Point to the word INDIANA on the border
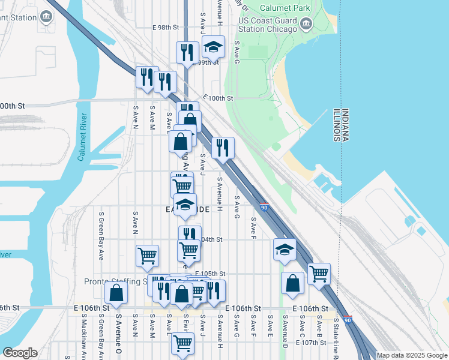click(346, 125)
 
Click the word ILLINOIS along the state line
click(337, 125)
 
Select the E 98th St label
click(166, 28)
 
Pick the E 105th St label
click(209, 273)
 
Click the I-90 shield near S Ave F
click(264, 208)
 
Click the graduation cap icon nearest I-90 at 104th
click(284, 248)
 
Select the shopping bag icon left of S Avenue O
click(116, 293)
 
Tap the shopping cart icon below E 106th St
click(182, 343)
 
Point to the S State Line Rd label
click(336, 335)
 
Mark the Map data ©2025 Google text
click(411, 355)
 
